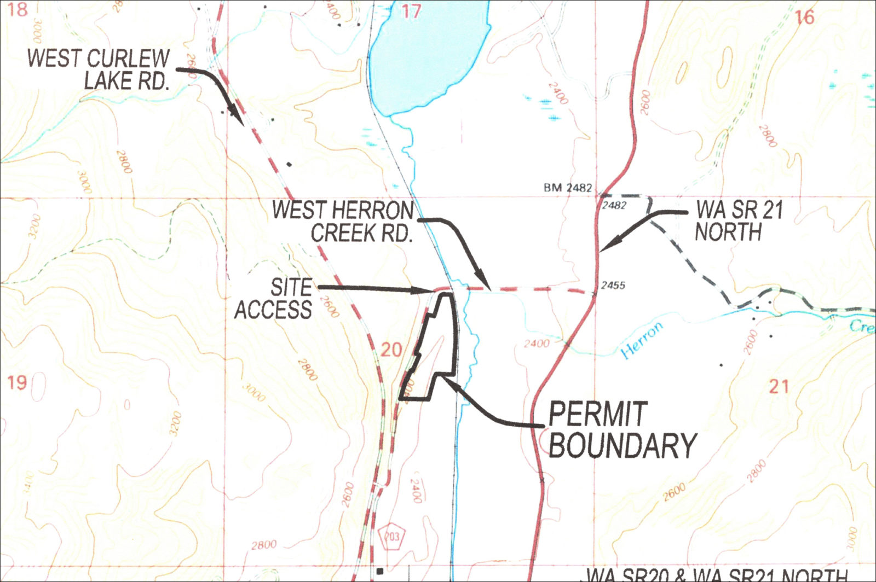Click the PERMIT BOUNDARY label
(621, 430)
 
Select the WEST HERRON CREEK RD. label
(343, 222)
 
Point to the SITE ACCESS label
(274, 299)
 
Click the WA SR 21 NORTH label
(739, 221)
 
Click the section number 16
(804, 18)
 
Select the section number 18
(18, 9)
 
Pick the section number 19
(17, 382)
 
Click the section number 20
(391, 350)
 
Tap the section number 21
(779, 387)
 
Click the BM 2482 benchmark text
(568, 188)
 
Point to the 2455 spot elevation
(613, 285)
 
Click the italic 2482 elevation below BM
(614, 206)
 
